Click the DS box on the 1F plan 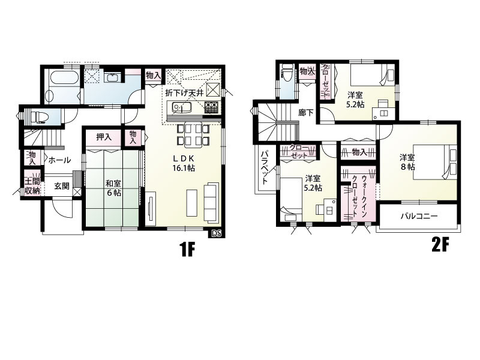(x=217, y=233)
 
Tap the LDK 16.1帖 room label (x=183, y=163)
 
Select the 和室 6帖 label (x=113, y=188)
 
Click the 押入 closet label (x=104, y=137)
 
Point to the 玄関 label (x=62, y=186)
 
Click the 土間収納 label (x=32, y=185)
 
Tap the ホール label (x=59, y=160)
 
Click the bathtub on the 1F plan (x=64, y=79)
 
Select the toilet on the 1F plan (x=38, y=117)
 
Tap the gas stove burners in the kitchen (x=211, y=107)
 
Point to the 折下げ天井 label (x=184, y=93)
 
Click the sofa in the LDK (x=212, y=202)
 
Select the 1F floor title (x=187, y=250)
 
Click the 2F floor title (x=440, y=245)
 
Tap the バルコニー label (x=419, y=217)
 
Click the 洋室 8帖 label (x=407, y=162)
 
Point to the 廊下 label (x=306, y=113)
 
